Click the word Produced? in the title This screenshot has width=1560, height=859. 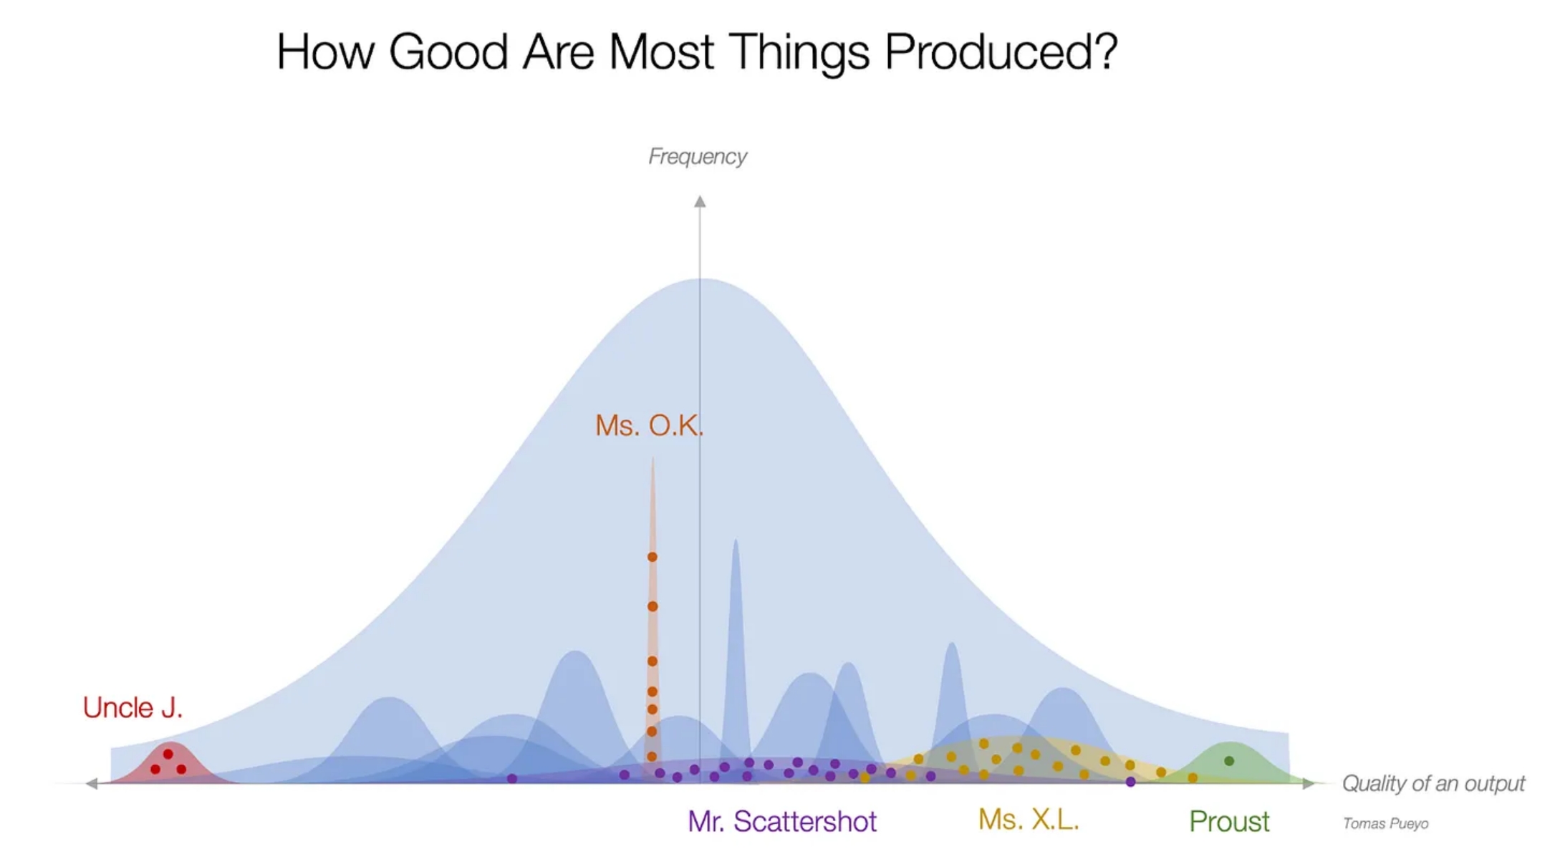[x=1001, y=52]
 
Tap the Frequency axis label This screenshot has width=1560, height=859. [x=697, y=156]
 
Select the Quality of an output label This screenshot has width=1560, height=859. [x=1433, y=783]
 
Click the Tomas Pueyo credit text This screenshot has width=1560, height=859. [x=1385, y=823]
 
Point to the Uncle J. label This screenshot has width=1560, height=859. [x=133, y=707]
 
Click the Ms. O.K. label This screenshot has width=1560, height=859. [x=649, y=425]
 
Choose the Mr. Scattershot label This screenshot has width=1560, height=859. [x=781, y=821]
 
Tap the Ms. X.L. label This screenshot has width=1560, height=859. [x=1029, y=820]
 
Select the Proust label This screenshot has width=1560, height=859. [x=1229, y=821]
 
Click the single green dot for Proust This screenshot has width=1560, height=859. [x=1229, y=761]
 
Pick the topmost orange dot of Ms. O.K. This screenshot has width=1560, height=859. [x=653, y=557]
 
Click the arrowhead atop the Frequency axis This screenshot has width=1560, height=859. [x=700, y=202]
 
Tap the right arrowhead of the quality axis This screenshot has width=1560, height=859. [x=1309, y=783]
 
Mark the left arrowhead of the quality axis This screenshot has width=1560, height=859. [x=92, y=783]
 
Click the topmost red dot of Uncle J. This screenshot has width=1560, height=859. [x=168, y=754]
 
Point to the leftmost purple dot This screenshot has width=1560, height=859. [x=511, y=778]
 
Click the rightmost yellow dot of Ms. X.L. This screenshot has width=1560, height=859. [x=1193, y=777]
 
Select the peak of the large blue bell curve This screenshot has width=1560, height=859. [x=703, y=279]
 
